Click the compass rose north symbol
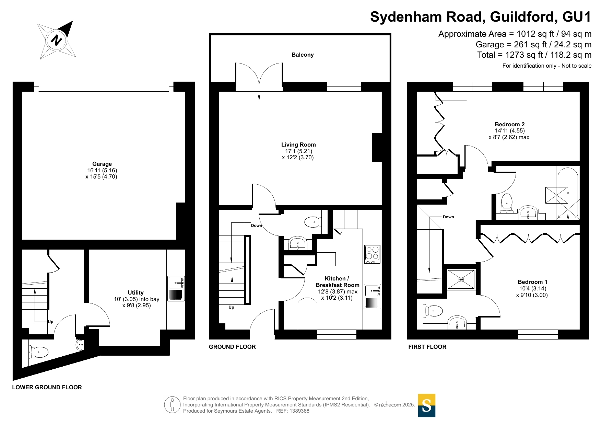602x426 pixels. [x=56, y=40]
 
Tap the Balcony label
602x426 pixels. [x=303, y=55]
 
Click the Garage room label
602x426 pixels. [x=102, y=164]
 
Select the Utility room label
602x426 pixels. [x=136, y=292]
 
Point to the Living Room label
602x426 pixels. [x=298, y=145]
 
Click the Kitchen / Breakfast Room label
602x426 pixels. [x=338, y=282]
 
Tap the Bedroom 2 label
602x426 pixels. [x=510, y=124]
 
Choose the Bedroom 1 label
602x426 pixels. [x=532, y=282]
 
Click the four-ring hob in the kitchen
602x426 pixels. [x=372, y=254]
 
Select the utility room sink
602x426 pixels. [x=176, y=289]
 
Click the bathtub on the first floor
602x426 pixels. [x=568, y=193]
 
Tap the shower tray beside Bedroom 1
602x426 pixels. [x=461, y=279]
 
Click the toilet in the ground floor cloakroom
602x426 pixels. [x=313, y=222]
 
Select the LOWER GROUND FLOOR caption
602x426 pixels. [x=47, y=387]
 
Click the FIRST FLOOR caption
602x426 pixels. [x=427, y=347]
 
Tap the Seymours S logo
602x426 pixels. [x=426, y=405]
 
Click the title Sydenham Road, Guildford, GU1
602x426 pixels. [x=481, y=17]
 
